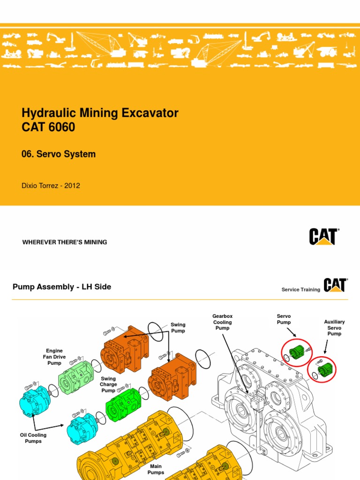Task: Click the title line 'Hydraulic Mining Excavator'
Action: (100, 113)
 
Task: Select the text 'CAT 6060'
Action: (48, 127)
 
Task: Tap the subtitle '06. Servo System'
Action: (59, 154)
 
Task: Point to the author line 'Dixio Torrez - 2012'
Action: (51, 186)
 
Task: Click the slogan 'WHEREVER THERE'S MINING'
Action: (65, 242)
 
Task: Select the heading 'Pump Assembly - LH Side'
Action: (62, 287)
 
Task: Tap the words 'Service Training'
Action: (300, 290)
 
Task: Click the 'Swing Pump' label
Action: (178, 328)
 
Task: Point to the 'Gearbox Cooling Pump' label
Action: (223, 322)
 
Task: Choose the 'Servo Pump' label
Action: (284, 319)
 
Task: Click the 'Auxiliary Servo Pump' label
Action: (334, 328)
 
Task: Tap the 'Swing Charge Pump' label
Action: (108, 384)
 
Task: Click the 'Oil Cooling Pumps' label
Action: (33, 438)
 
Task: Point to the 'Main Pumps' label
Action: (156, 470)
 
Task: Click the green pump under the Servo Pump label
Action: (297, 352)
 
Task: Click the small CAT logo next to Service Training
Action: (335, 285)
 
